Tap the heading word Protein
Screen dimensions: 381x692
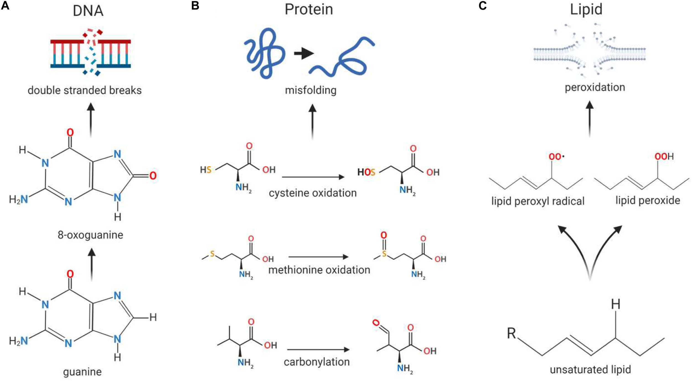click(x=309, y=9)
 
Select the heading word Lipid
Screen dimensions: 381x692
click(x=586, y=9)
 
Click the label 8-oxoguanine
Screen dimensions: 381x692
click(x=90, y=235)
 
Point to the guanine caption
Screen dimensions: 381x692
click(x=82, y=372)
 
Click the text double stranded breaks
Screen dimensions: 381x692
click(x=84, y=90)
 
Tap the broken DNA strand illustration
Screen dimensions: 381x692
click(x=91, y=53)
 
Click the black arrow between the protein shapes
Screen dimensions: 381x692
click(x=304, y=53)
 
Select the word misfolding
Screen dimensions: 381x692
click(x=311, y=90)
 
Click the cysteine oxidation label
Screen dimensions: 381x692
click(x=313, y=193)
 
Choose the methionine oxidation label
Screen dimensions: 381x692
click(x=319, y=270)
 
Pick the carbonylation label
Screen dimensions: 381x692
click(x=317, y=362)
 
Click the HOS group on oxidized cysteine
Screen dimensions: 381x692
click(x=366, y=172)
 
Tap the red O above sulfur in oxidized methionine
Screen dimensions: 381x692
click(x=383, y=235)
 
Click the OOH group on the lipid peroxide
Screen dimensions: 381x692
click(x=664, y=157)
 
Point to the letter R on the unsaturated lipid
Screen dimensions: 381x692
click(x=511, y=333)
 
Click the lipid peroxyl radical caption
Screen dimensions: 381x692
click(x=538, y=201)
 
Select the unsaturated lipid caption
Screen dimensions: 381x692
click(x=590, y=370)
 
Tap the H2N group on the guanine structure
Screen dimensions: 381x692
click(x=19, y=341)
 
